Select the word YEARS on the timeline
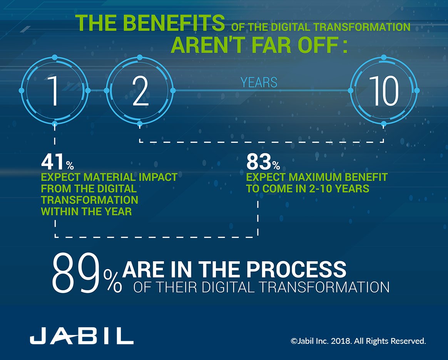click(x=259, y=82)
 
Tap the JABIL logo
click(x=82, y=337)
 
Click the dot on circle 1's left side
click(x=22, y=90)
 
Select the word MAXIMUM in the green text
click(x=319, y=177)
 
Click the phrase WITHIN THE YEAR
click(x=86, y=211)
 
